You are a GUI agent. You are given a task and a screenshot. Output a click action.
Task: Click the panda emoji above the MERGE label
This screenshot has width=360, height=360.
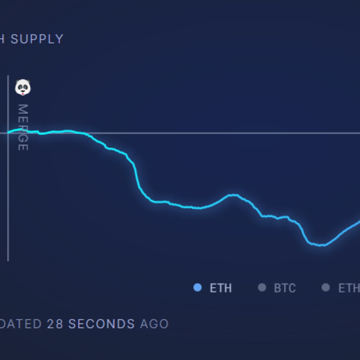23,88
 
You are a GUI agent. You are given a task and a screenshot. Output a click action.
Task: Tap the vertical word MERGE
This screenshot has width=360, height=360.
23,127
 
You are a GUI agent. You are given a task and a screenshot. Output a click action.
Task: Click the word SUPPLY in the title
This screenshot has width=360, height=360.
37,39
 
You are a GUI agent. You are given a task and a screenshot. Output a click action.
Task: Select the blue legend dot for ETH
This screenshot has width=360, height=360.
197,288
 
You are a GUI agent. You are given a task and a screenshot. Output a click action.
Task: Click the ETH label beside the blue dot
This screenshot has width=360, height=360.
220,288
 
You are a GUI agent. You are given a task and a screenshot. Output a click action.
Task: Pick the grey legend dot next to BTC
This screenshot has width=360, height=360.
262,288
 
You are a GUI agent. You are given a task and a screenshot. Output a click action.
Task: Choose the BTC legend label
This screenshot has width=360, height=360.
285,288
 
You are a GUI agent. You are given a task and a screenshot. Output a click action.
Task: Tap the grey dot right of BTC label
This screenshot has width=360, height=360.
326,288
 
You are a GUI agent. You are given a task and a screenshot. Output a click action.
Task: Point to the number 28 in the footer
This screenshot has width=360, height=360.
55,324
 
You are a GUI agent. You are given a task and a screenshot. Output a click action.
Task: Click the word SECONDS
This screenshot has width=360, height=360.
102,324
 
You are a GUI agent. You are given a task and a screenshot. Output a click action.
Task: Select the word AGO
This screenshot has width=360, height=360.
154,324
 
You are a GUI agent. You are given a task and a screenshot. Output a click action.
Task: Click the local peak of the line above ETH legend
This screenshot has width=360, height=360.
234,195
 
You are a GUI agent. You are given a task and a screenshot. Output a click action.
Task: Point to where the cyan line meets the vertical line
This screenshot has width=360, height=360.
8,132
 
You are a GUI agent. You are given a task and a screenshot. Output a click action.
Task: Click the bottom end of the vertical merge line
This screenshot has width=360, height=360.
8,260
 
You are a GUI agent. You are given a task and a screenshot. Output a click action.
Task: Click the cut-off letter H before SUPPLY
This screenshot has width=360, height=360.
2,39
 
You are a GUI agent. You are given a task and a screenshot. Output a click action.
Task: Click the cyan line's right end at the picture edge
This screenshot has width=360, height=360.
359,221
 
